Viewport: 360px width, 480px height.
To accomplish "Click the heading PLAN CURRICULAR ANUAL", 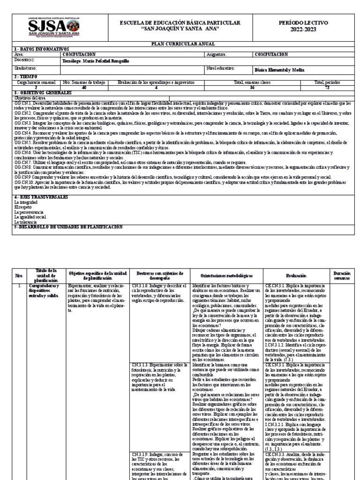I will tap(180, 44).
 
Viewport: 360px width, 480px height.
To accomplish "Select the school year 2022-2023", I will tap(307, 29).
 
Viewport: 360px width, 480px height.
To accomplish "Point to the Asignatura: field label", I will tap(217, 54).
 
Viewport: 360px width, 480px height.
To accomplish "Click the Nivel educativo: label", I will tap(220, 68).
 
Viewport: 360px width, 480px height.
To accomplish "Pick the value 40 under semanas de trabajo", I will tap(84, 87).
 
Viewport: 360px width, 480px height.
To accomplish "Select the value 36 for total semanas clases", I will tap(252, 87).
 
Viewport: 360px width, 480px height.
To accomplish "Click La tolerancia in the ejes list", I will tap(26, 222).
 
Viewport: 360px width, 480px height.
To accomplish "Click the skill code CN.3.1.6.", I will tap(140, 285).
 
